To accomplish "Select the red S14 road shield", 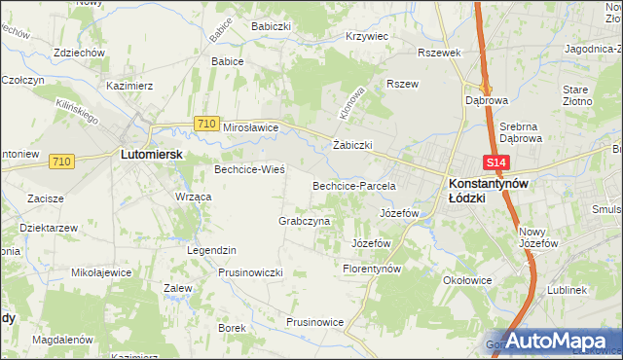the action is [x=496, y=162].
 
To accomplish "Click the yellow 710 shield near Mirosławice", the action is [x=205, y=124].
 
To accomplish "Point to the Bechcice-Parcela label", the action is [x=352, y=185].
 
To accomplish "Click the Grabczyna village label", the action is [x=305, y=221].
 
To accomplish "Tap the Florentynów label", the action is [x=373, y=268].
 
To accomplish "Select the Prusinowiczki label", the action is [x=250, y=272].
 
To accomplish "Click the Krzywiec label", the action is [x=367, y=36].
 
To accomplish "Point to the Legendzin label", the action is [x=212, y=250].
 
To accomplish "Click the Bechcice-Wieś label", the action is [x=249, y=169].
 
